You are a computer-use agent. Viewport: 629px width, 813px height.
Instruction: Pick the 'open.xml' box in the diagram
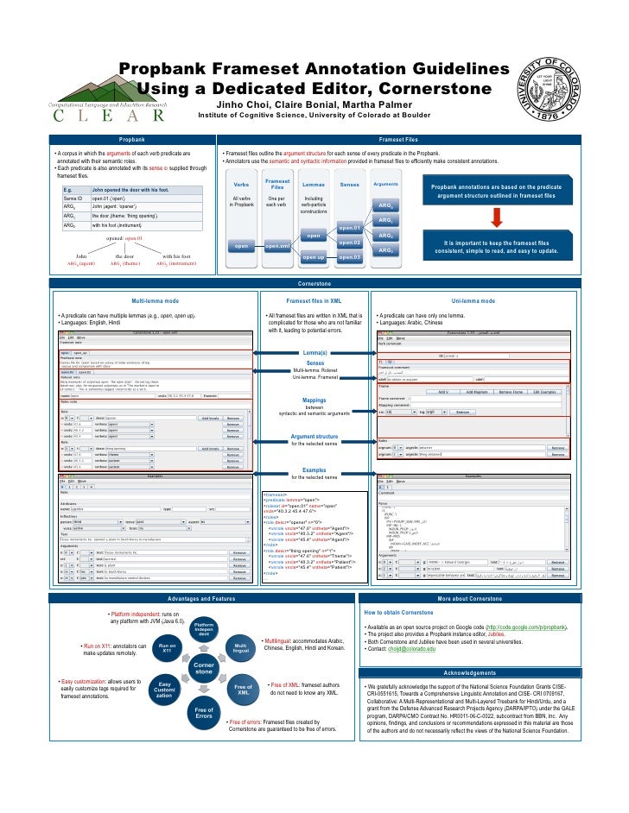[x=277, y=246]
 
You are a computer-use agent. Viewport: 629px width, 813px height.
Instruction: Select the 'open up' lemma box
[x=314, y=257]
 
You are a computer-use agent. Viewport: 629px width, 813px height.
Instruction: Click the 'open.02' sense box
[x=349, y=243]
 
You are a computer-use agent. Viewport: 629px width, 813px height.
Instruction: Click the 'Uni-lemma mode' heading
[x=473, y=301]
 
